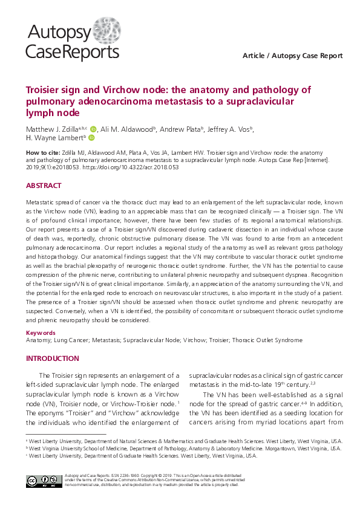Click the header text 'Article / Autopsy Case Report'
292,56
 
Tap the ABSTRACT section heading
44,186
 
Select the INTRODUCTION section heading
52,358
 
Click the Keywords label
41,332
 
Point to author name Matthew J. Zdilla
52,129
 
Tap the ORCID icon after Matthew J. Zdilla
93,129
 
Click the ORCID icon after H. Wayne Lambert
92,138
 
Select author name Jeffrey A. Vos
229,129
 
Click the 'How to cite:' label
43,153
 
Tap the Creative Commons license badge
41,481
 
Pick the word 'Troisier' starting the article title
45,90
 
